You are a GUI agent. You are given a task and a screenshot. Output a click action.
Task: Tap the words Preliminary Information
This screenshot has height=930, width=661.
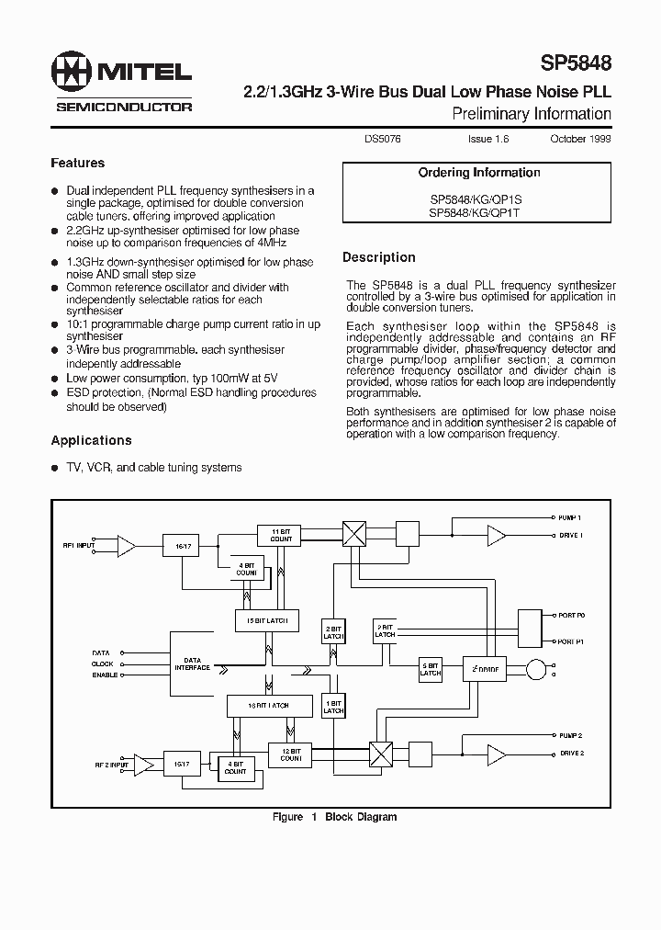532,114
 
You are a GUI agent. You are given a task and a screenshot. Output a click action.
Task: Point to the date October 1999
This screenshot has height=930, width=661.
580,139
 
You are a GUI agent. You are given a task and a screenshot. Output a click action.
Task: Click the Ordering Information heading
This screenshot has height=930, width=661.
478,173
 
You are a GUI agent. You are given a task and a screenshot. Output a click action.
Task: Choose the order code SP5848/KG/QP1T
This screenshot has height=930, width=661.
474,211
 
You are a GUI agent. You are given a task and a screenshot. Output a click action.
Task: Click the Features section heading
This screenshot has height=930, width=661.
78,163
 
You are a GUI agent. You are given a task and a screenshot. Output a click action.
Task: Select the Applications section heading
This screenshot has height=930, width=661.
92,440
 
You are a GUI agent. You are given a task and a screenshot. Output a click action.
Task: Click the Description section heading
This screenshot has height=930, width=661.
379,257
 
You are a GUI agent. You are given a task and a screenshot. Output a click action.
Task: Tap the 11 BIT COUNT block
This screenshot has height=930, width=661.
281,535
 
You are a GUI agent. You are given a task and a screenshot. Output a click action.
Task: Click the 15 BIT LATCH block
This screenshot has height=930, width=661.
266,620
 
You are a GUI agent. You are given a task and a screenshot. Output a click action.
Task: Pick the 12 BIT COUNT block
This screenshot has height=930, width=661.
291,754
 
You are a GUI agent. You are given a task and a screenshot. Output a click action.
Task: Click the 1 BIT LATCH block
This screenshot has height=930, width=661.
333,707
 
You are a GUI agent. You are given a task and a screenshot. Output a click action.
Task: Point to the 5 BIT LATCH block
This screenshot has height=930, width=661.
431,669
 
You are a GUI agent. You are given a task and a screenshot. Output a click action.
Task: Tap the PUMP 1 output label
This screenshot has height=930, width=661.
569,519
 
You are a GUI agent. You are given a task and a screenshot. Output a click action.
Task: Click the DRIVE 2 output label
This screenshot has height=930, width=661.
570,754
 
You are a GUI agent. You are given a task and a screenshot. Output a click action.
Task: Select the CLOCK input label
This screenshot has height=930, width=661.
102,663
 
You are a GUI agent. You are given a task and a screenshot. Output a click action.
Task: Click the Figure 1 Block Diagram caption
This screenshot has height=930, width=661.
334,817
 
